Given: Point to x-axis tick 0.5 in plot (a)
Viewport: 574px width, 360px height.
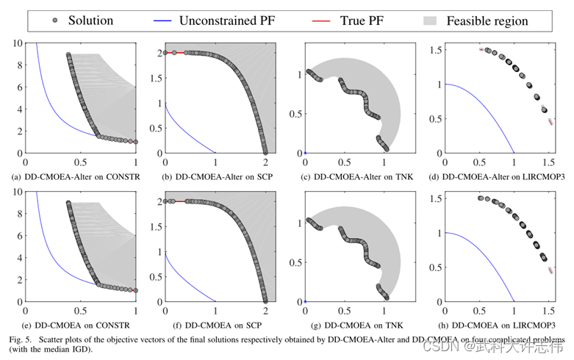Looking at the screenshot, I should pyautogui.click(x=81, y=162).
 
